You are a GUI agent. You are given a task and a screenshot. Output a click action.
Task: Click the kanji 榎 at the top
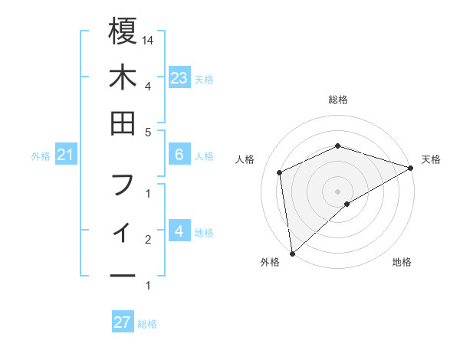tap(123, 32)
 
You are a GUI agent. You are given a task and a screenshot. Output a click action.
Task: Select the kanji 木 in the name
tap(123, 78)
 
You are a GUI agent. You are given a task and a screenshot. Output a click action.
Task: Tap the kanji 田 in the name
tap(123, 123)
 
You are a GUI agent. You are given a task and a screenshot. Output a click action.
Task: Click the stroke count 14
tap(149, 40)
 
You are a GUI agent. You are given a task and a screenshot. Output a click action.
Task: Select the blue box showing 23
tap(179, 77)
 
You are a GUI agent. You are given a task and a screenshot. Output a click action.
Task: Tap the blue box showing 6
tap(179, 155)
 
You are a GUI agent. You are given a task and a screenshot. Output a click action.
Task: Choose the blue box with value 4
tap(179, 231)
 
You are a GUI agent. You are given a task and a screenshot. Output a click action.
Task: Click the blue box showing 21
tap(66, 155)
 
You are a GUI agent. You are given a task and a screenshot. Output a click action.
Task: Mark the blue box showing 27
tap(123, 322)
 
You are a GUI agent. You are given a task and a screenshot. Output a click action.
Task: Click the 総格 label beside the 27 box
tap(147, 324)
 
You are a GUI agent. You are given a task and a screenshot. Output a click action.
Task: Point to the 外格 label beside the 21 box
tap(41, 156)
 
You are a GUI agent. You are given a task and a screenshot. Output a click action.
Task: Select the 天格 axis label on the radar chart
tap(431, 159)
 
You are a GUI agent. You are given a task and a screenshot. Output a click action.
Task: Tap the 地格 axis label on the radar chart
tap(402, 262)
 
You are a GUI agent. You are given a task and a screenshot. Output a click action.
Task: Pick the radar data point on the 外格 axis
tap(292, 253)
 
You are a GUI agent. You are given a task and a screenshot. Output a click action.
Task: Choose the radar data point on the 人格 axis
tap(280, 172)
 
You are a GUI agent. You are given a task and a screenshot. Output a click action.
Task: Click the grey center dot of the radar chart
tap(338, 191)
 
